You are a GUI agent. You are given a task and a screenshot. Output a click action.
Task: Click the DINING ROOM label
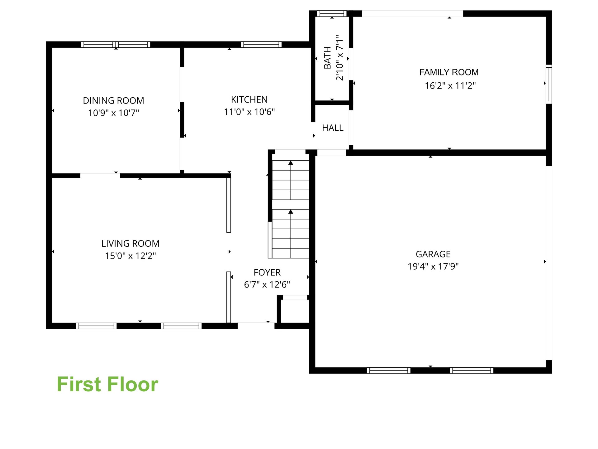pyautogui.click(x=113, y=101)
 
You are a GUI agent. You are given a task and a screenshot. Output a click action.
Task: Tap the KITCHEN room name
pyautogui.click(x=249, y=99)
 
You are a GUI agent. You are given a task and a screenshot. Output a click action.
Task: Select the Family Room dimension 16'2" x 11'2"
pyautogui.click(x=450, y=85)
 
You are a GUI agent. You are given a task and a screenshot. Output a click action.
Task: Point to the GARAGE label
pyautogui.click(x=433, y=254)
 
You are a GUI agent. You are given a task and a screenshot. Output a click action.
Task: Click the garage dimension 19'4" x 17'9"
pyautogui.click(x=433, y=267)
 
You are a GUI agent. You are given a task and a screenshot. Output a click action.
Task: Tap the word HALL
pyautogui.click(x=333, y=128)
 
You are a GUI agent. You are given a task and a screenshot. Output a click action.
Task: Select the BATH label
pyautogui.click(x=327, y=58)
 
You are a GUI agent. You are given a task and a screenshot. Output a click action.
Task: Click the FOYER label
pyautogui.click(x=267, y=273)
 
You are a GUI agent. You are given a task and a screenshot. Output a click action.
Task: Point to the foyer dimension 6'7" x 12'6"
pyautogui.click(x=267, y=285)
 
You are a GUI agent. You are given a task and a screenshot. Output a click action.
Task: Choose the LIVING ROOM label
pyautogui.click(x=130, y=244)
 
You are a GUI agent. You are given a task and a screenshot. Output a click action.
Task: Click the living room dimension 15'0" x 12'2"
pyautogui.click(x=130, y=256)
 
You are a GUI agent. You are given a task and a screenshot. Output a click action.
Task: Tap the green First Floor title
pyautogui.click(x=107, y=384)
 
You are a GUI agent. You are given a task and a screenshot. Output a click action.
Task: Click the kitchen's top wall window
pyautogui.click(x=261, y=45)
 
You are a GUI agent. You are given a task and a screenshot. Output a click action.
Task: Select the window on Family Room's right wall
pyautogui.click(x=549, y=84)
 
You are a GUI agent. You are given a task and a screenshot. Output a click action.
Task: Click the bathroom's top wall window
pyautogui.click(x=332, y=13)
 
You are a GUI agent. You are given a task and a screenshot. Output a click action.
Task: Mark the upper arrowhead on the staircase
pyautogui.click(x=291, y=163)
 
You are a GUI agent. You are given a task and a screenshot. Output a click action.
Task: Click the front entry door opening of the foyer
pyautogui.click(x=256, y=326)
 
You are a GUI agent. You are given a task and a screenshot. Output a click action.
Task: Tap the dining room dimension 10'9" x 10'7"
pyautogui.click(x=113, y=113)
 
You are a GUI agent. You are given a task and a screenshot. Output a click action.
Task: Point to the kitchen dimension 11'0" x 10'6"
pyautogui.click(x=249, y=112)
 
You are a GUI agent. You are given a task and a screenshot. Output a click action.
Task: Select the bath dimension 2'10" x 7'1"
pyautogui.click(x=339, y=58)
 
